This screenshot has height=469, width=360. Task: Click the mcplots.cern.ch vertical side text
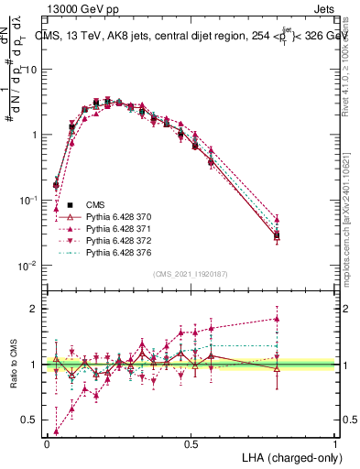click(352, 229)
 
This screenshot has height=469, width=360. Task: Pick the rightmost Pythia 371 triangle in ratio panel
click(277, 319)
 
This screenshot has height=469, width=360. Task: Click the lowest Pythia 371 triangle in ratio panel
click(57, 431)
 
